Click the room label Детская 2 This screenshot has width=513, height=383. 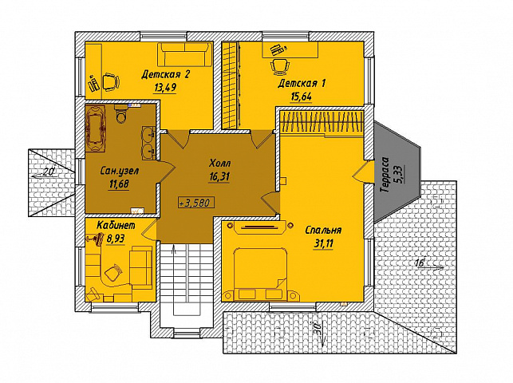(165, 75)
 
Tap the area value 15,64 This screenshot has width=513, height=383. (301, 97)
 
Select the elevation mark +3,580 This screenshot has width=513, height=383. (196, 203)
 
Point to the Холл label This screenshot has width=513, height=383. (219, 163)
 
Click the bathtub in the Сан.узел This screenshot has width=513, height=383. (96, 128)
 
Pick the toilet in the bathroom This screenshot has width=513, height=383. (120, 114)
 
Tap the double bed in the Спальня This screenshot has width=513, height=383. (260, 274)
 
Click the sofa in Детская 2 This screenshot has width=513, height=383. (185, 54)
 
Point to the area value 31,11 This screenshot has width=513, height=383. (323, 245)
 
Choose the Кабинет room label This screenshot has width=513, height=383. (116, 225)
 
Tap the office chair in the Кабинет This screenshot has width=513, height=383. (113, 272)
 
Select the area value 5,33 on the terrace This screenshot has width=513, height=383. (401, 175)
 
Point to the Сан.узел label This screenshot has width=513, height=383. (120, 171)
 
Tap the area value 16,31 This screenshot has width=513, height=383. (219, 177)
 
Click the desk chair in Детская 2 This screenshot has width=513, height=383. (111, 81)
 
